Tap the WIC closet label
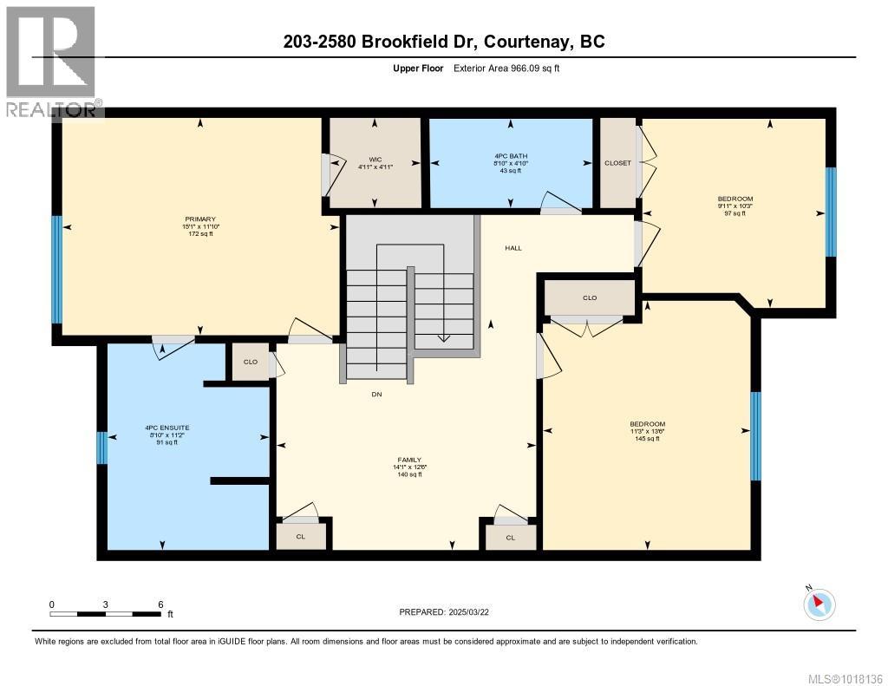tap(375, 160)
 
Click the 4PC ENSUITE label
tap(161, 428)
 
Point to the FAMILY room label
tap(410, 460)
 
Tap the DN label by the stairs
tap(376, 395)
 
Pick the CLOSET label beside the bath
tap(617, 163)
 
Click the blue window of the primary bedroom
tap(56, 269)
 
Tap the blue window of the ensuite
tap(101, 448)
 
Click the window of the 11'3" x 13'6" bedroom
tap(755, 435)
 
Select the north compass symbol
tap(819, 604)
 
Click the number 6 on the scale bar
tap(160, 604)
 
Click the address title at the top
tap(444, 42)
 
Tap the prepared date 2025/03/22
tap(449, 612)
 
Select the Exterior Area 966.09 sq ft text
tap(506, 68)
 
